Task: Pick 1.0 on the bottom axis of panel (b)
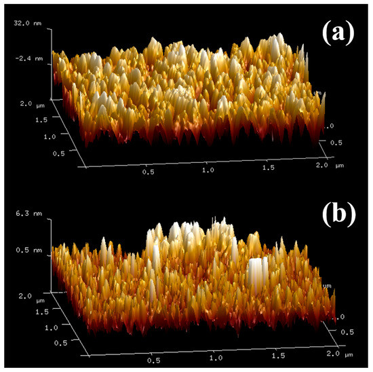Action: tap(216, 356)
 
